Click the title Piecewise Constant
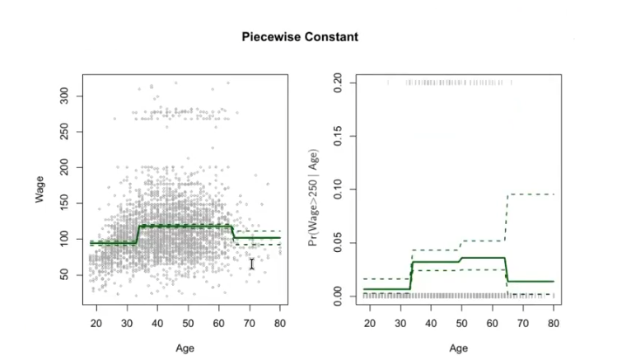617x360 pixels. pos(300,38)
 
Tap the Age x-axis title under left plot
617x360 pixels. pos(185,348)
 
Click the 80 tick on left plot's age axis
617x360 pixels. pos(280,322)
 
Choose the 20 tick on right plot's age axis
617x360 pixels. pos(370,322)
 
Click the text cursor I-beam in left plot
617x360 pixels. pos(252,264)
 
